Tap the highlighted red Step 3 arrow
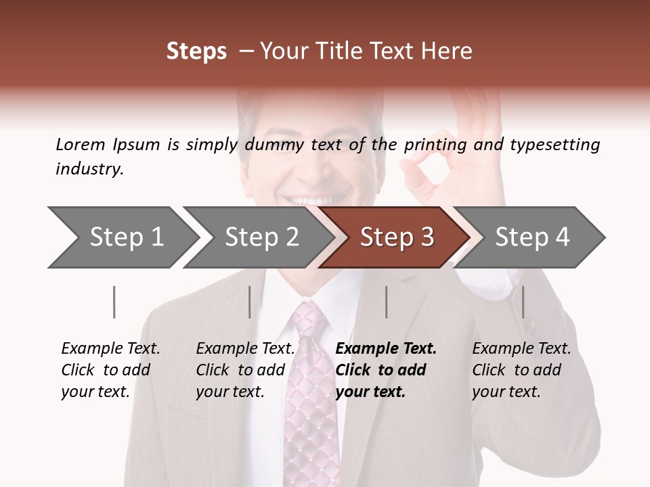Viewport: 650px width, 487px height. (x=397, y=237)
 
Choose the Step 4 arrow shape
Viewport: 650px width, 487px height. (x=532, y=237)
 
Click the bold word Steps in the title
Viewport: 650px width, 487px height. (x=196, y=51)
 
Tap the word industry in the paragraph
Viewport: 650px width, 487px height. (x=89, y=169)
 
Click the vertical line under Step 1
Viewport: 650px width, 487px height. (x=114, y=302)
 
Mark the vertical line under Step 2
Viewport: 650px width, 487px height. (x=250, y=302)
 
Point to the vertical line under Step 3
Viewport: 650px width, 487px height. (x=386, y=302)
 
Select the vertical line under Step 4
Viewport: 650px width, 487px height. (x=523, y=302)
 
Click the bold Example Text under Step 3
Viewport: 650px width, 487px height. (x=386, y=349)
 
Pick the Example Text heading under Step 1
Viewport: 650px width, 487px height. (x=110, y=349)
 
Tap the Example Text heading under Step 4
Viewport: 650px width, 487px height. (x=521, y=349)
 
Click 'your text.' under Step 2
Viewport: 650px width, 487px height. (x=230, y=392)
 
